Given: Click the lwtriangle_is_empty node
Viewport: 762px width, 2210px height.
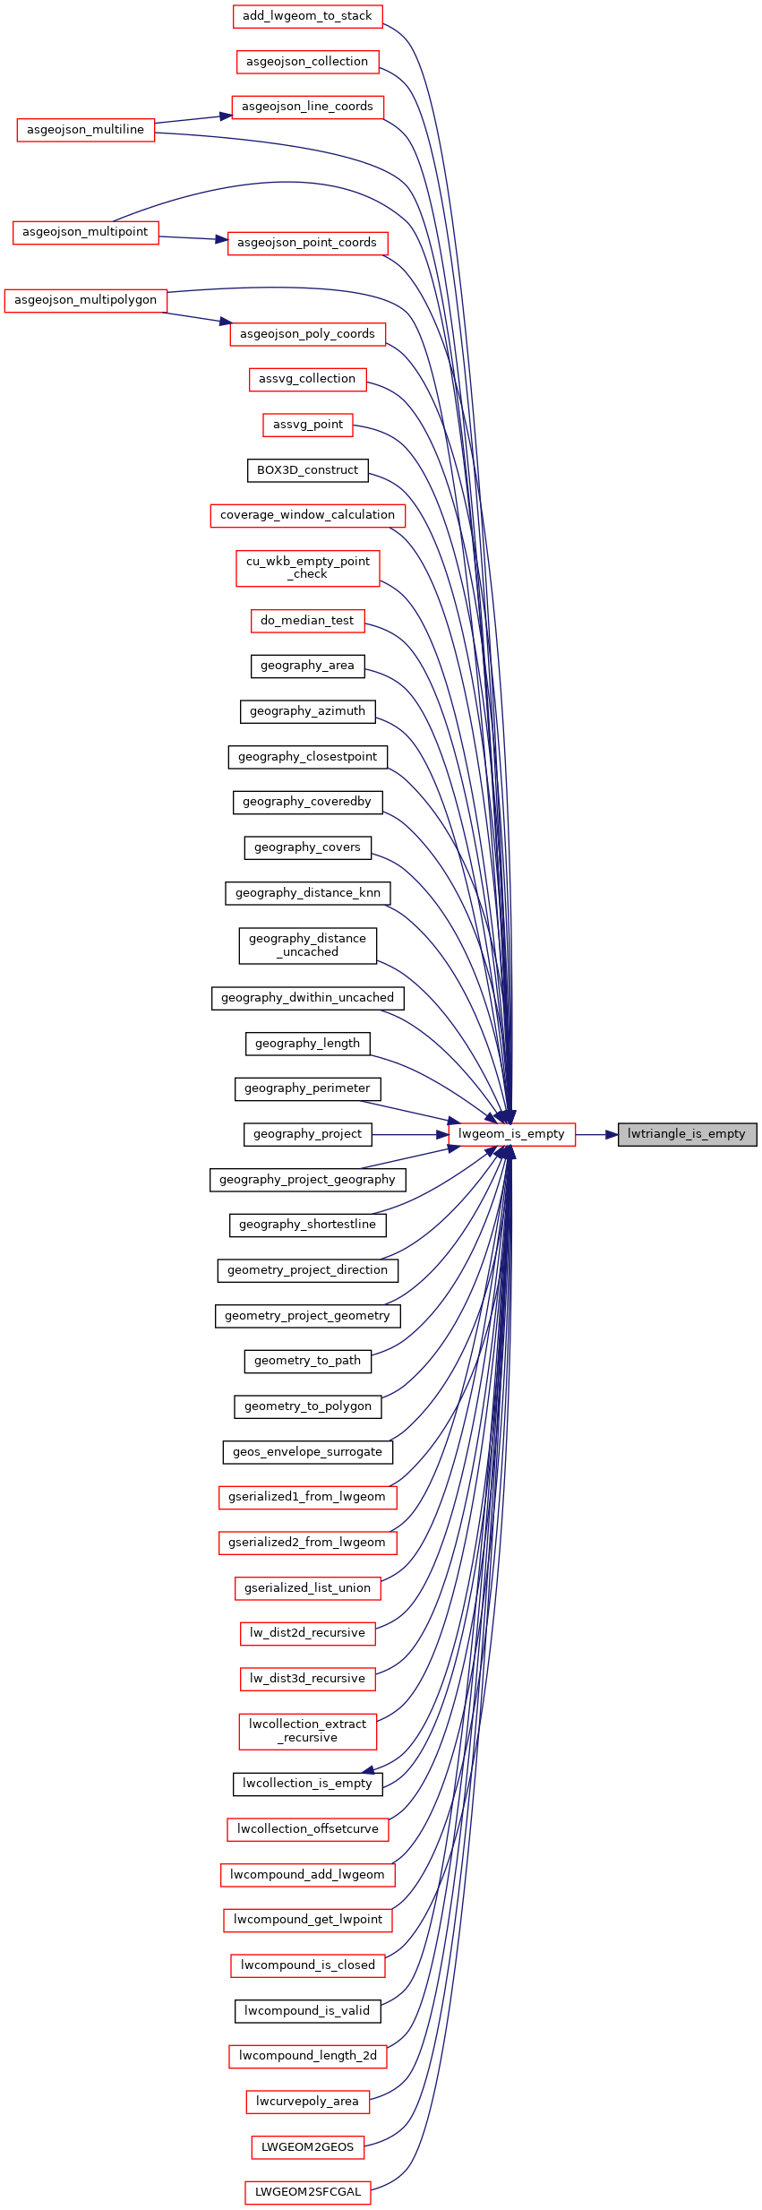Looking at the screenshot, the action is click(x=687, y=1134).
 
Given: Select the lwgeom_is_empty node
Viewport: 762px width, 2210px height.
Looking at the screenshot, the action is click(x=511, y=1134).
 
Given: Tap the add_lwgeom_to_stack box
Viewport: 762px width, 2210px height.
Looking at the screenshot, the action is click(x=307, y=16).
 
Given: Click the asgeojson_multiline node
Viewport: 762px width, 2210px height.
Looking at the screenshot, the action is click(x=85, y=130).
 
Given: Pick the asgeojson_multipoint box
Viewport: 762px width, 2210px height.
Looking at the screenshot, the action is click(x=85, y=232).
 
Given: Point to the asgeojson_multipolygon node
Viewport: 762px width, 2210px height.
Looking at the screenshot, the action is click(x=85, y=300).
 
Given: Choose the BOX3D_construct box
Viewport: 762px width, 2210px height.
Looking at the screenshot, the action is click(x=307, y=470).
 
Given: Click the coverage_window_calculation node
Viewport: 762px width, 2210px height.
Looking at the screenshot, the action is click(x=307, y=515).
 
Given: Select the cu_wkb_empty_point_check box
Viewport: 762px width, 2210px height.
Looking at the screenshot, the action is click(x=307, y=568).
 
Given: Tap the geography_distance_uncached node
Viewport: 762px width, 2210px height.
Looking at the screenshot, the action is click(x=307, y=945).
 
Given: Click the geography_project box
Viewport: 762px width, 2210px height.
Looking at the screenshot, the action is click(x=307, y=1134).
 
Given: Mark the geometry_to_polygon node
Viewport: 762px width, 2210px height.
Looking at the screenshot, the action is click(x=307, y=1406).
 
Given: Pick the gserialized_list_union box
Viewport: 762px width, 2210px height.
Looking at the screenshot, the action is click(x=307, y=1588).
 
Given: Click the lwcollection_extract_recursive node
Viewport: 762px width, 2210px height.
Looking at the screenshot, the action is click(x=307, y=1731).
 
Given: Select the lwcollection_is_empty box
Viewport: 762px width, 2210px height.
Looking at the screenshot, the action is click(x=307, y=1784).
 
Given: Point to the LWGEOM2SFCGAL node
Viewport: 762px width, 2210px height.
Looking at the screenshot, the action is click(x=307, y=2192).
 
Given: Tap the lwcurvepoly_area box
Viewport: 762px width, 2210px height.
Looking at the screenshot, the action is click(x=307, y=2102).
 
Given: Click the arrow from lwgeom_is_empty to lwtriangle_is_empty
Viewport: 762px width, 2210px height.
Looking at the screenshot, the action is click(x=596, y=1134).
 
